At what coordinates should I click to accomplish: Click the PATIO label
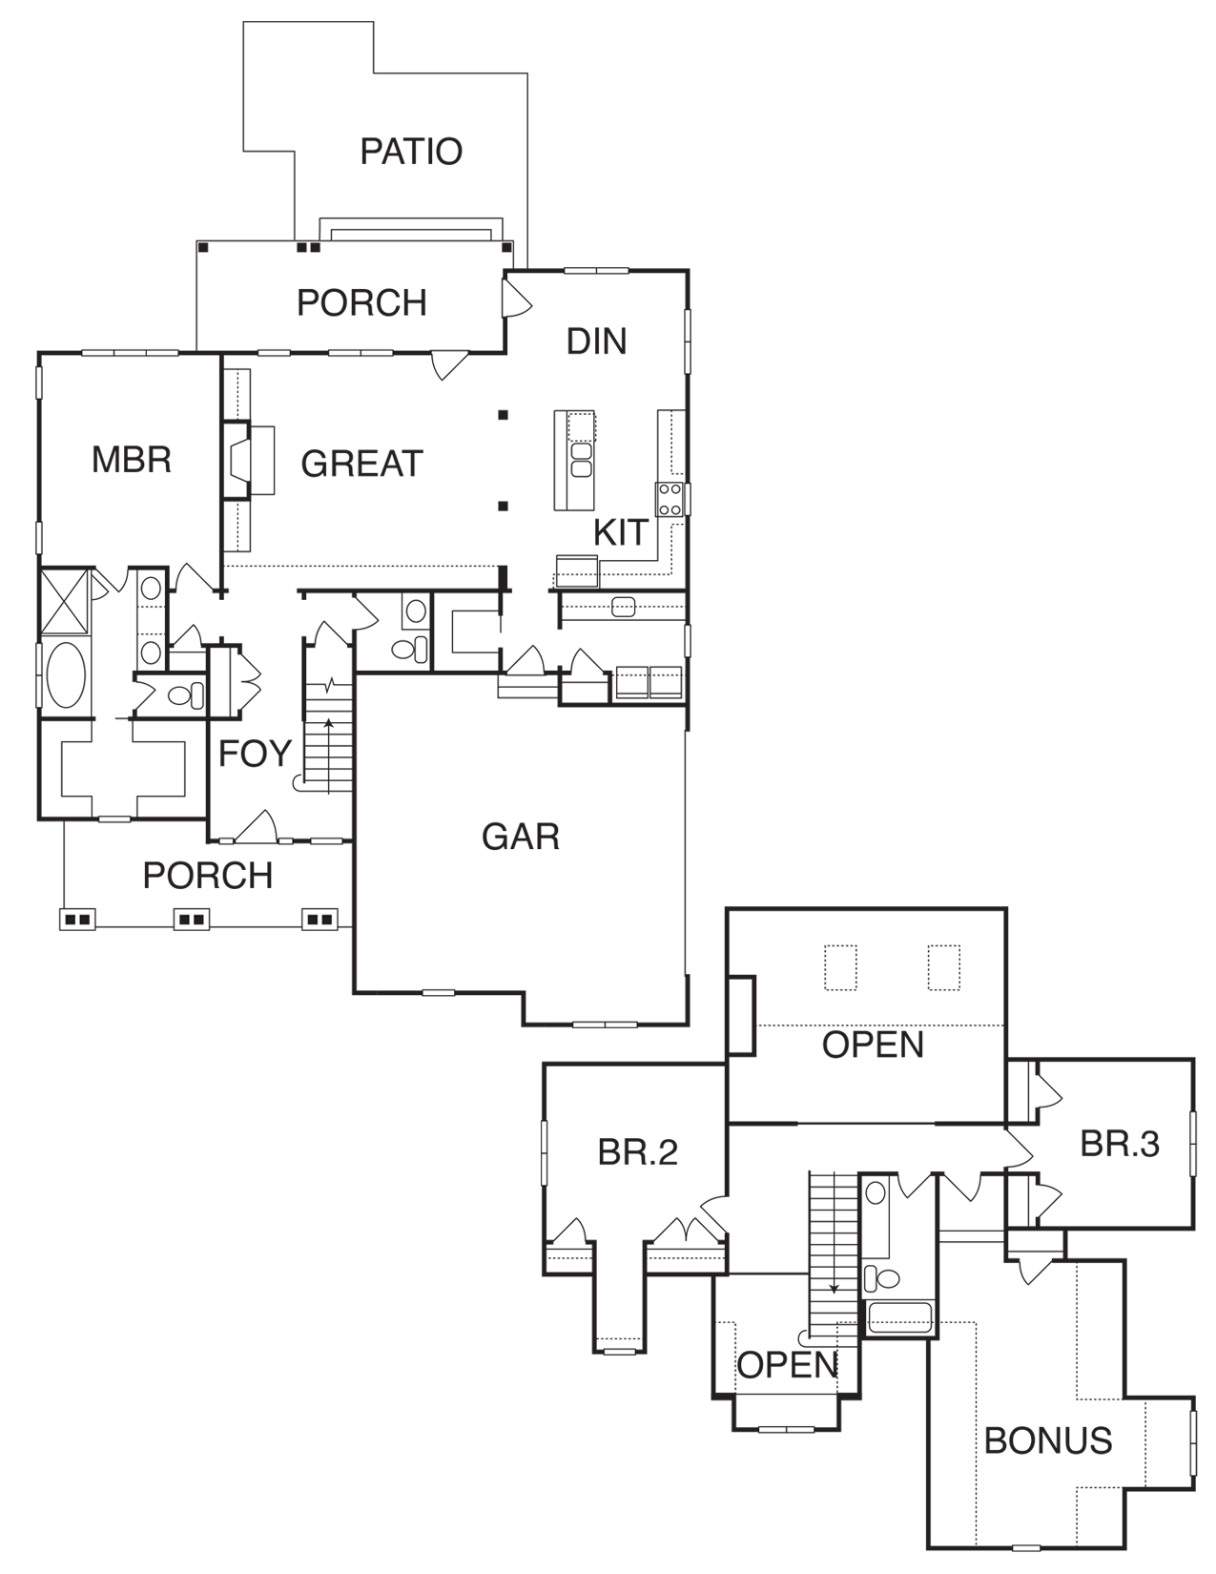(x=411, y=152)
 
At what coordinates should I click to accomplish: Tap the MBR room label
(x=132, y=460)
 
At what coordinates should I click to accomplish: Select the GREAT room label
(x=361, y=464)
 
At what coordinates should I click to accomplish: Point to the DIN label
(x=596, y=342)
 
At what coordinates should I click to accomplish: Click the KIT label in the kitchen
(x=620, y=533)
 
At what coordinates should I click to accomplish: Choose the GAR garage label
(x=520, y=837)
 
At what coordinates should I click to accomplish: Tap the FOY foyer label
(x=254, y=754)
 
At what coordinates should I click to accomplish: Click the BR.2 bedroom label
(x=637, y=1152)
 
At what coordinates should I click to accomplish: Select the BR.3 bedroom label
(x=1119, y=1144)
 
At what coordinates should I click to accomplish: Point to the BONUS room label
(x=1048, y=1440)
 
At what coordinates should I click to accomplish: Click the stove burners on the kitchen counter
(x=669, y=499)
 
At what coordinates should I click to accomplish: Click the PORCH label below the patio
(x=361, y=303)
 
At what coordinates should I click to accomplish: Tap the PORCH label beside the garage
(x=207, y=876)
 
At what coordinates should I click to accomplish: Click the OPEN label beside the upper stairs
(x=787, y=1365)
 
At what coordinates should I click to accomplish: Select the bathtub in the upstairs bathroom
(x=899, y=1317)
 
